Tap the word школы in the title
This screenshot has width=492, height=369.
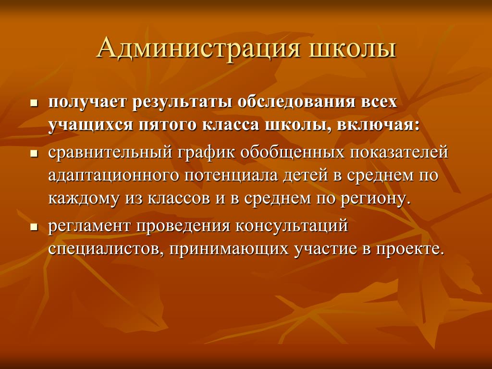point(353,49)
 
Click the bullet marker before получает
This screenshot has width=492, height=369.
point(34,104)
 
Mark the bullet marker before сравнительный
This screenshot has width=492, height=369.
point(34,153)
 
